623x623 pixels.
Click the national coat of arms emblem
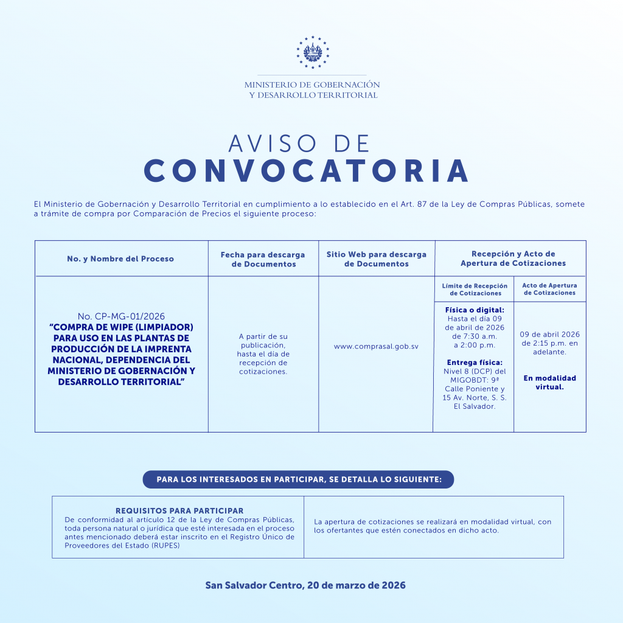312,52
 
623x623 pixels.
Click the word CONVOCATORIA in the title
307,172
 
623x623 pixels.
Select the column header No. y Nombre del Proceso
120,259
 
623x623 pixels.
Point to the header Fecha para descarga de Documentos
263,259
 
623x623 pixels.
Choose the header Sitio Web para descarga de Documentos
376,259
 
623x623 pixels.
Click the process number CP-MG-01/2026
121,316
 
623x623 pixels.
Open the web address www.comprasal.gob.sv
376,346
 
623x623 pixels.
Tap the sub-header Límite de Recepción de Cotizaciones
475,289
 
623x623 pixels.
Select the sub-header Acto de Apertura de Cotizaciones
549,289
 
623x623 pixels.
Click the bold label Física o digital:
475,310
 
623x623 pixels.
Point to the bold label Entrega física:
475,363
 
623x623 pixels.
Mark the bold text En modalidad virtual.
549,382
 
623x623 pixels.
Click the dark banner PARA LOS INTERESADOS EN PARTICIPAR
299,479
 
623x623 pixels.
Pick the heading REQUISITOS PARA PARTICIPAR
179,511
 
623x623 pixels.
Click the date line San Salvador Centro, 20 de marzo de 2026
305,585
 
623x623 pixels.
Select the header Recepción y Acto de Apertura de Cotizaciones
513,259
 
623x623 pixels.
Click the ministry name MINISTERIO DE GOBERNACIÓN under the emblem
312,85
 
